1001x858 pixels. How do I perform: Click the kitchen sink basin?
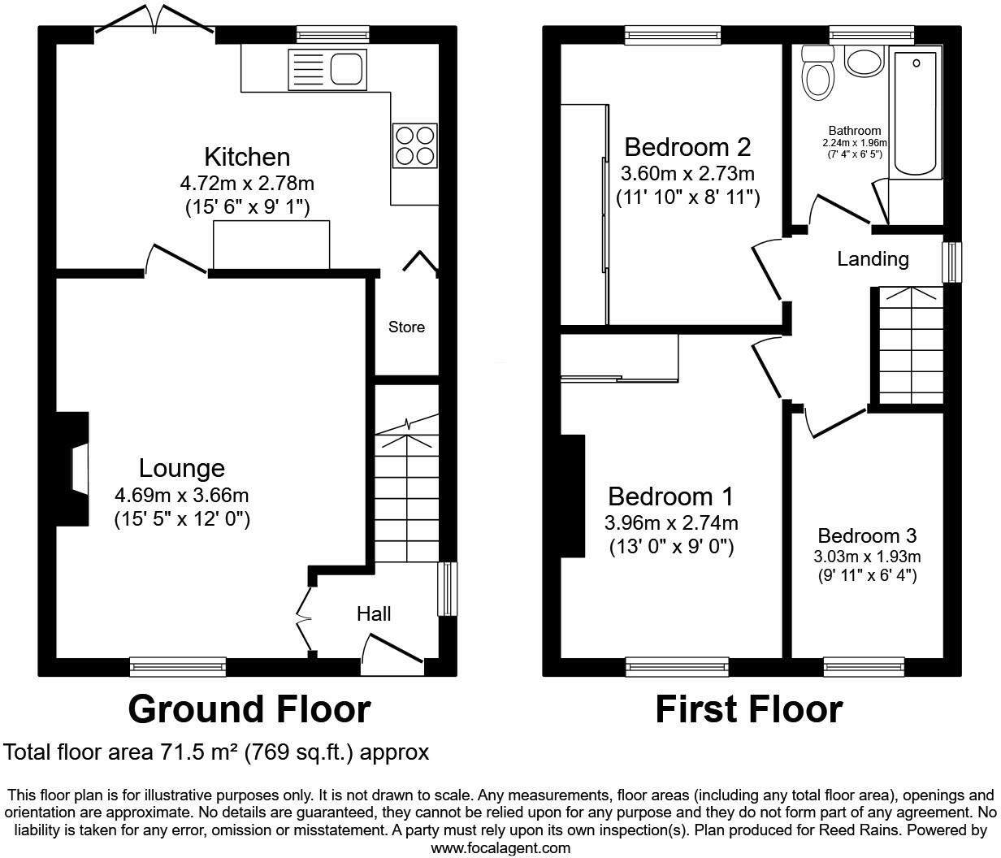pos(346,69)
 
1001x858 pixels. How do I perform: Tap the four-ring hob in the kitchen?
pos(415,145)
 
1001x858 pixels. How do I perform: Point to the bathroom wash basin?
pos(864,62)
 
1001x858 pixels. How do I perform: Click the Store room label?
pos(406,327)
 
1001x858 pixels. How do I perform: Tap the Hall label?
pos(374,614)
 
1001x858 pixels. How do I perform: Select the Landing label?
pos(873,259)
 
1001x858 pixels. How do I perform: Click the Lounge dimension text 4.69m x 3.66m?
pos(182,496)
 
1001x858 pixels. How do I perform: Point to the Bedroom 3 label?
pos(867,535)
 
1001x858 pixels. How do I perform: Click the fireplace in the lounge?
pos(73,469)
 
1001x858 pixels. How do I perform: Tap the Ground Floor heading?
pos(249,709)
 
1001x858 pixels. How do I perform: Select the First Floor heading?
pos(749,709)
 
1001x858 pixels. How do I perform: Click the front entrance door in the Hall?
pos(392,648)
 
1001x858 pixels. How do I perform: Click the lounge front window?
pos(178,667)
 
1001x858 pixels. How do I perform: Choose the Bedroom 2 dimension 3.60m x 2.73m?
pos(687,173)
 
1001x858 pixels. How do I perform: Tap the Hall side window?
pos(448,589)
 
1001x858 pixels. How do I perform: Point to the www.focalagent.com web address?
pos(500,847)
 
